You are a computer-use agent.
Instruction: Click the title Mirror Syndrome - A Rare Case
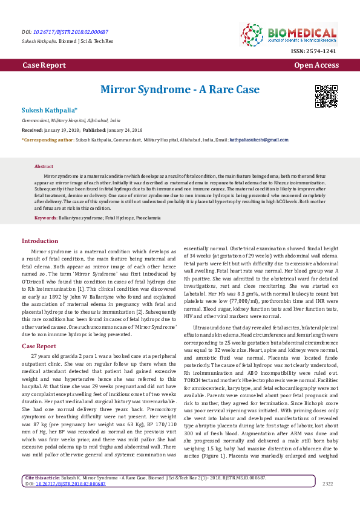180,89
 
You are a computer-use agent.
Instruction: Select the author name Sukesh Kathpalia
50,110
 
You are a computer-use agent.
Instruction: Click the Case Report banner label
44,65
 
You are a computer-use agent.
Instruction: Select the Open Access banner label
316,65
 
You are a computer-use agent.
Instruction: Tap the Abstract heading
44,166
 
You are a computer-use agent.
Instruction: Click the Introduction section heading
40,241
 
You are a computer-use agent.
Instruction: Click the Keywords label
46,216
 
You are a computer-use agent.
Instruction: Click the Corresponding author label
48,140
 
